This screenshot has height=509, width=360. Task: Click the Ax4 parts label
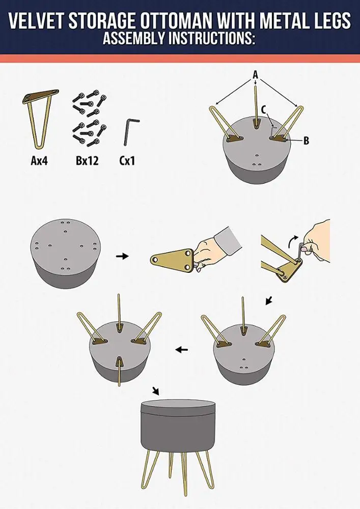tap(39, 160)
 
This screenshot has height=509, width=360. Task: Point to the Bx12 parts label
tap(87, 160)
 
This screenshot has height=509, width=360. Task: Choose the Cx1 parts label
tap(127, 160)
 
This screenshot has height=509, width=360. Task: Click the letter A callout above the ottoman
tap(256, 75)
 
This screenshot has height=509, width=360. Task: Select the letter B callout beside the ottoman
tap(306, 140)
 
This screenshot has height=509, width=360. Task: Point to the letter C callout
tap(264, 110)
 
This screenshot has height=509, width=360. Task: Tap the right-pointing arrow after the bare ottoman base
tap(122, 256)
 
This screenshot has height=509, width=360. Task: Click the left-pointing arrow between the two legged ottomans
tap(181, 350)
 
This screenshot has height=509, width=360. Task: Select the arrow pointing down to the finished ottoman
tap(156, 391)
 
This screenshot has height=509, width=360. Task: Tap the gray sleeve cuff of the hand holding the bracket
tap(229, 239)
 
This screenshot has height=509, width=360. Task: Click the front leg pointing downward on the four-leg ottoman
tap(120, 372)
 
